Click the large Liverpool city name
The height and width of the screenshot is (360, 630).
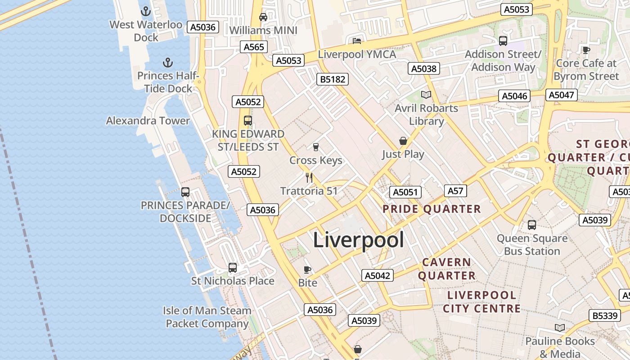point(358,240)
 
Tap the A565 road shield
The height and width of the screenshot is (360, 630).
point(254,47)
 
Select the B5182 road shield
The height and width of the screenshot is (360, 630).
point(333,80)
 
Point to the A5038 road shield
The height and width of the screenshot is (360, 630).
point(423,68)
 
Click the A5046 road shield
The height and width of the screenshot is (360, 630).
point(514,96)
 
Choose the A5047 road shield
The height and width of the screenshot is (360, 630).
point(561,95)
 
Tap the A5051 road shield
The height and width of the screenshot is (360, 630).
point(405,192)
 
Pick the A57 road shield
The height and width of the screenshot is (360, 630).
point(455,191)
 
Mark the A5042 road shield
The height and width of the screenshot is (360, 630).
point(377,275)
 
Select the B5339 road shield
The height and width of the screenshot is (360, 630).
point(605,315)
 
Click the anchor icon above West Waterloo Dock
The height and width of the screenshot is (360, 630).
point(146,11)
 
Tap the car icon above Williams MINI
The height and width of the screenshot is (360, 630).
point(263,17)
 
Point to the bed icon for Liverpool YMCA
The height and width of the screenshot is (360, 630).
point(357,41)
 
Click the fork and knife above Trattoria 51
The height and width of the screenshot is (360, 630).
point(309,177)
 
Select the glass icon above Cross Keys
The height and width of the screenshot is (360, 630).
point(315,147)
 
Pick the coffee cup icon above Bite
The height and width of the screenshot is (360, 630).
point(307,270)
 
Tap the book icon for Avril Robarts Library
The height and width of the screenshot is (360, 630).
point(426,94)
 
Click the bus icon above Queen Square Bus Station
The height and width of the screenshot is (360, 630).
point(532,225)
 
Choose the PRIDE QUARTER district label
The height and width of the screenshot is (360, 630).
point(432,209)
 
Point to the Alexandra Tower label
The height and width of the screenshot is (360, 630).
point(148,121)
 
